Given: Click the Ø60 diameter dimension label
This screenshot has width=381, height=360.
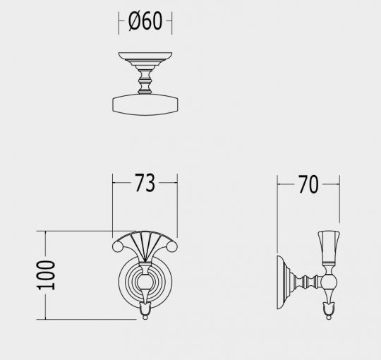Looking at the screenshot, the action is coord(145,21).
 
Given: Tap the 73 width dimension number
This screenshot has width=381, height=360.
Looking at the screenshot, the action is coord(145,183).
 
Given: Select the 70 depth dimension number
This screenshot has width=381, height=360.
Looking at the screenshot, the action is coord(308,184).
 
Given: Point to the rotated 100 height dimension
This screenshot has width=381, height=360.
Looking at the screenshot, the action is coord(46,275).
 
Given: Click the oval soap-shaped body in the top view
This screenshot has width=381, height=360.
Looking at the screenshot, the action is coord(145,104).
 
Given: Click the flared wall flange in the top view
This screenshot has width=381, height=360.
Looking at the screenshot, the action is coord(145,59).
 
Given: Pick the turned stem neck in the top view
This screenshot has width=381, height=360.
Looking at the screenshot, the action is coord(145,80).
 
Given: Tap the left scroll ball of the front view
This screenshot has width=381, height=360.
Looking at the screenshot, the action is coord(117,247).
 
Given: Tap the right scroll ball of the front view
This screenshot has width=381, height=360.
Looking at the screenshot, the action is coord(173,247).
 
